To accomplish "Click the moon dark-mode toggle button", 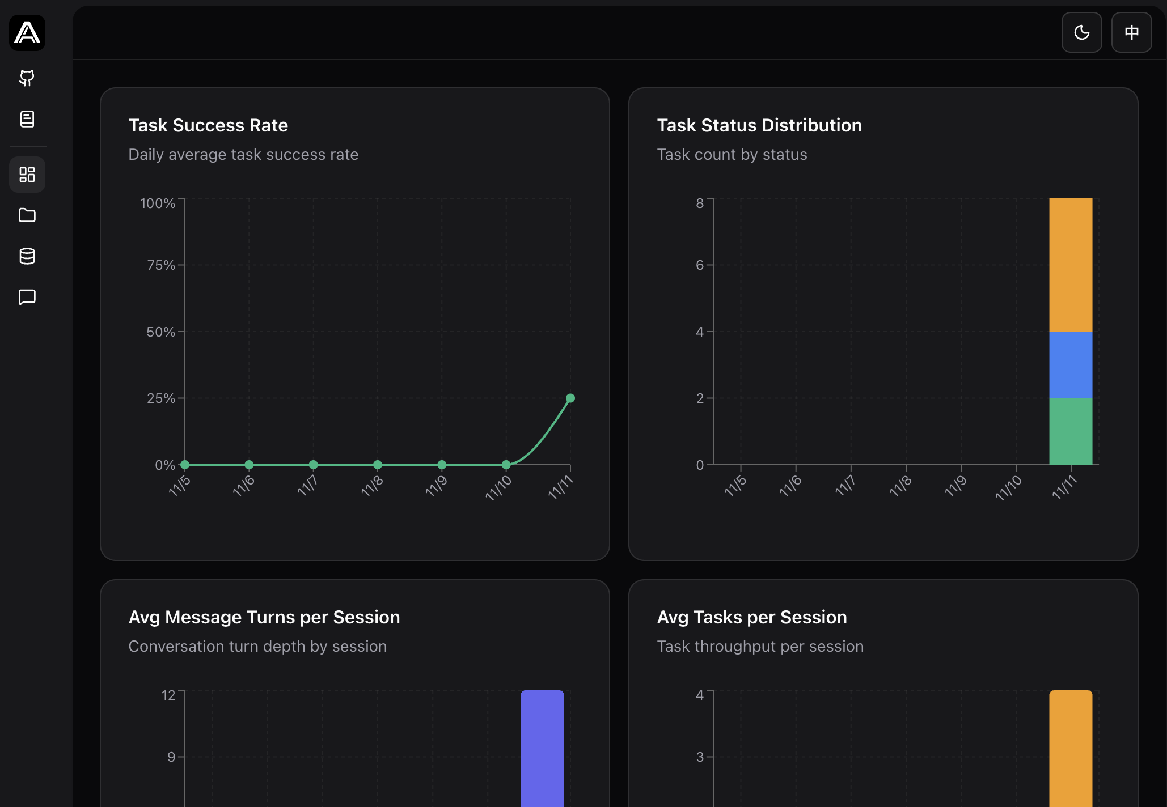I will pos(1081,32).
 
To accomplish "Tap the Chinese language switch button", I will pos(1131,32).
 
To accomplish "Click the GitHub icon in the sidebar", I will pos(27,78).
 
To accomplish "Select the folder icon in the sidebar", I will pos(27,215).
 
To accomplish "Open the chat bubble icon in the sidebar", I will pos(27,297).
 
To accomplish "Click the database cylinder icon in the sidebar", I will pos(27,256).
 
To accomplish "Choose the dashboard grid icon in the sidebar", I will pos(27,175).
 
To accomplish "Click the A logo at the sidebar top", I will pos(27,32).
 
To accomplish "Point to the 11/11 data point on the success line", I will pos(570,398).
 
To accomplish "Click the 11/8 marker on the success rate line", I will pos(378,465).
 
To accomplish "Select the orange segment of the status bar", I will pos(1071,265).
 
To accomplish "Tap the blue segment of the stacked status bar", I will pos(1071,365).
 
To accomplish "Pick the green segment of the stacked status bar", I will pos(1071,431).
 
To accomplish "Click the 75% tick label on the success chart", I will pos(160,265).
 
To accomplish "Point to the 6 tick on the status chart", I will pos(700,265).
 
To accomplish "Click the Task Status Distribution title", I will pos(759,125).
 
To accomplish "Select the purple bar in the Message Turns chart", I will pos(542,748).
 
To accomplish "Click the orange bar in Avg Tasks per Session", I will pos(1071,748).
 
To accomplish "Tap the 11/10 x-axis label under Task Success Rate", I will pos(498,487).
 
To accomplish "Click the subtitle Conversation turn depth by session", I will pos(257,647).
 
